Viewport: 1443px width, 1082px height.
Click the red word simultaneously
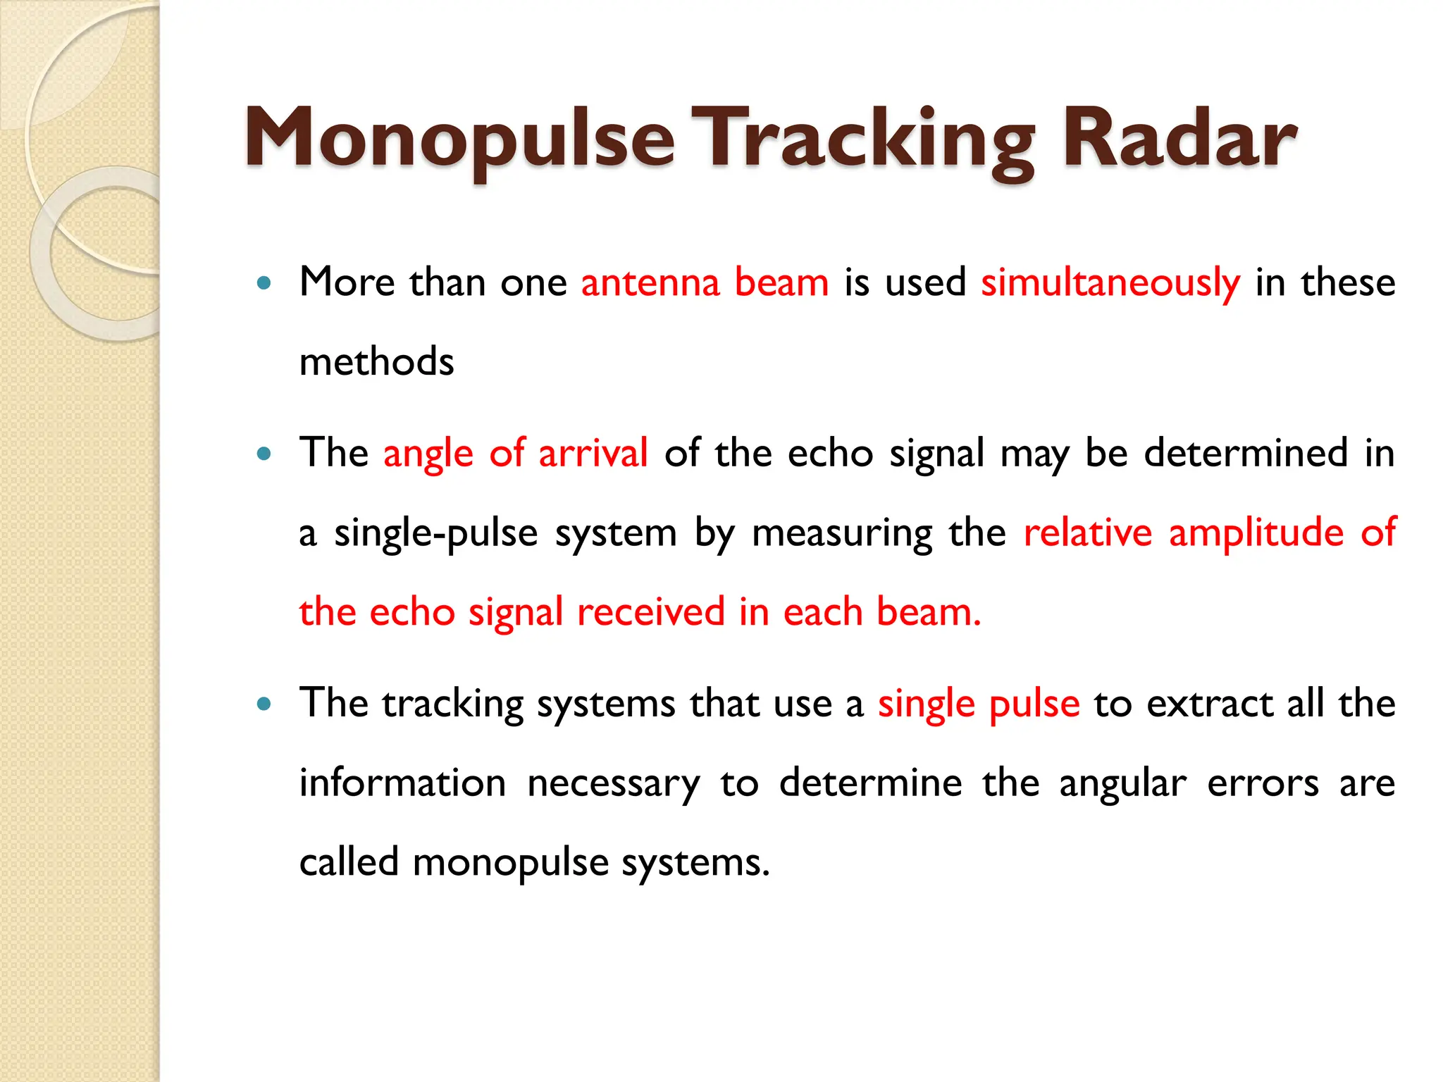click(x=1110, y=283)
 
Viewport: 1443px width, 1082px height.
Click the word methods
click(x=376, y=362)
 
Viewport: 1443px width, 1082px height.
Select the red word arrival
click(x=593, y=453)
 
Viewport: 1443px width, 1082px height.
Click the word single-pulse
click(x=435, y=533)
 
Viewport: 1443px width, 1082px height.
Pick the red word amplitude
click(x=1256, y=533)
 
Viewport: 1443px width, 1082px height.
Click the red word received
click(x=650, y=612)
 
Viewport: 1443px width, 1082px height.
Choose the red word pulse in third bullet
click(x=1034, y=704)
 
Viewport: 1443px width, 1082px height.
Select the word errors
click(x=1263, y=784)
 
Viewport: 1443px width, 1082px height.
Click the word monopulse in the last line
click(x=510, y=864)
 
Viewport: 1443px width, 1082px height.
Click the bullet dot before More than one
click(x=264, y=284)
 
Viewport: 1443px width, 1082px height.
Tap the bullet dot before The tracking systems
click(x=264, y=704)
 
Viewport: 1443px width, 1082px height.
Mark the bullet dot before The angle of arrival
click(x=264, y=454)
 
